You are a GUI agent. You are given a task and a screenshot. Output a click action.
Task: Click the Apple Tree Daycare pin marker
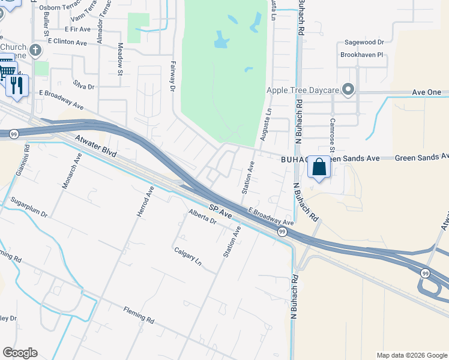pos(348,91)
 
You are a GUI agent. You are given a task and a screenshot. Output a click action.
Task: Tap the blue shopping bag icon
pos(319,167)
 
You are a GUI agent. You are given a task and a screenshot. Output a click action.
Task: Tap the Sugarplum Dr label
pos(28,208)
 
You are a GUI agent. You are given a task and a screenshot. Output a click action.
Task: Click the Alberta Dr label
pos(202,217)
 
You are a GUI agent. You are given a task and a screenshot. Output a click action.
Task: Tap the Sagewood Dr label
pos(364,43)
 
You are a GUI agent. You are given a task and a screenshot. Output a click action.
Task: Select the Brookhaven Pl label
pos(361,55)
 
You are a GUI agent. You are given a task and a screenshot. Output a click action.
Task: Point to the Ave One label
pos(427,92)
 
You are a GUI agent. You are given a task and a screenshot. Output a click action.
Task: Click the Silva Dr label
pos(83,86)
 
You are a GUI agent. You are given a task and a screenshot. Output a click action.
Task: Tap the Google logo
pos(20,353)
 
